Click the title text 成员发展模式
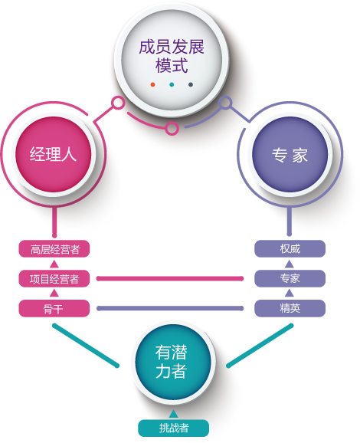(x=172, y=56)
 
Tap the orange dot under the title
(x=152, y=84)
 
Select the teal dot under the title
(x=172, y=84)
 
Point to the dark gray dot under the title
(x=191, y=84)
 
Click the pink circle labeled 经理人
(x=54, y=154)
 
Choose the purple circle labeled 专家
(x=290, y=154)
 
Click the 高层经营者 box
(x=54, y=249)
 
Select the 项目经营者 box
(x=54, y=278)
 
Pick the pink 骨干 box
(x=54, y=308)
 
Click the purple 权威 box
(x=290, y=248)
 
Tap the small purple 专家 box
(x=290, y=278)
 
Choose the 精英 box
(x=290, y=308)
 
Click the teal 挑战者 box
(x=173, y=428)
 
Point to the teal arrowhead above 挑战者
(x=173, y=414)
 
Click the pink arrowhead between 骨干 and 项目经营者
(x=54, y=293)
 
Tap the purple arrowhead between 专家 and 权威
(x=289, y=264)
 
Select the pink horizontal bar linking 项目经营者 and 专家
(x=170, y=278)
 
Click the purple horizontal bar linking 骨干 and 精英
(x=170, y=308)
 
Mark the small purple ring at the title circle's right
(x=225, y=102)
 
